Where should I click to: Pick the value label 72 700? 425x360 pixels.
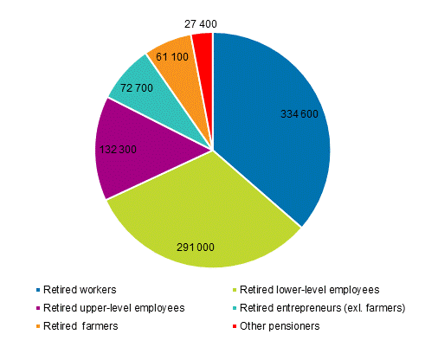pyautogui.click(x=119, y=89)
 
